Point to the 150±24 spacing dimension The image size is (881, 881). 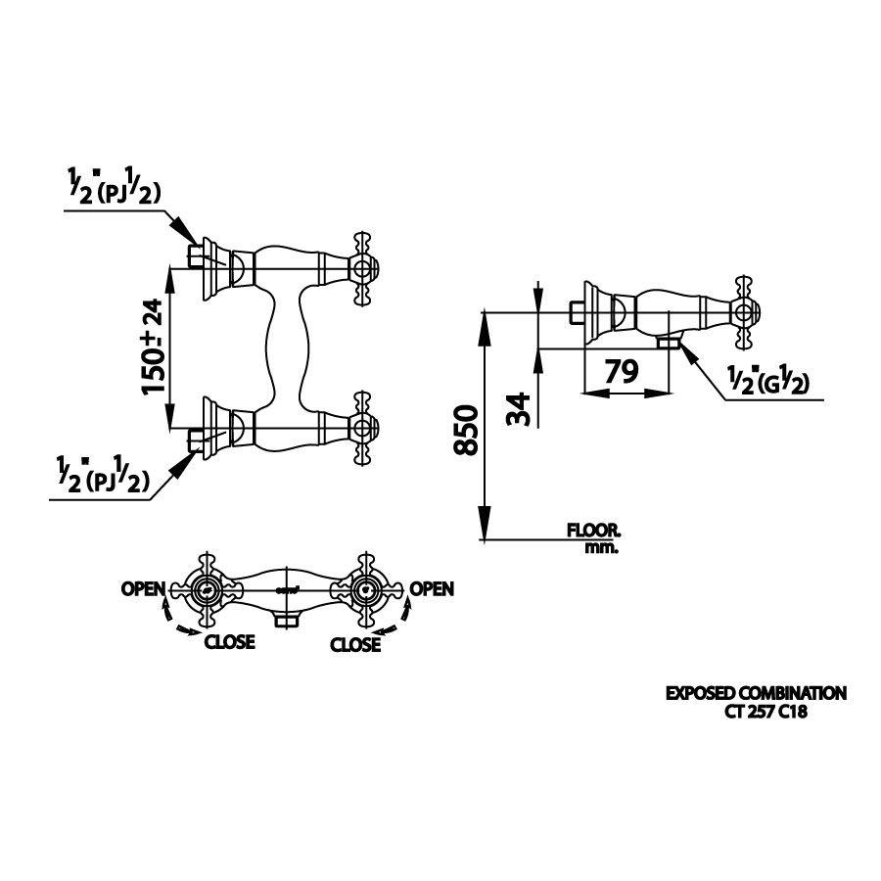(x=154, y=348)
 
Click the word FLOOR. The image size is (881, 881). (x=593, y=532)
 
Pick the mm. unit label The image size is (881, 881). (x=601, y=548)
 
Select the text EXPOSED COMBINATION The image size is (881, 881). (x=756, y=694)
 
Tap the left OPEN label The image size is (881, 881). (x=143, y=588)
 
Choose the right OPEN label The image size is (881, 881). (x=432, y=588)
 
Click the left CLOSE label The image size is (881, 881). (x=229, y=643)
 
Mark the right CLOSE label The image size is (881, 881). (x=355, y=644)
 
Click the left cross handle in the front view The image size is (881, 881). (x=205, y=589)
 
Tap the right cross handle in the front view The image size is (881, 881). (x=364, y=589)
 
